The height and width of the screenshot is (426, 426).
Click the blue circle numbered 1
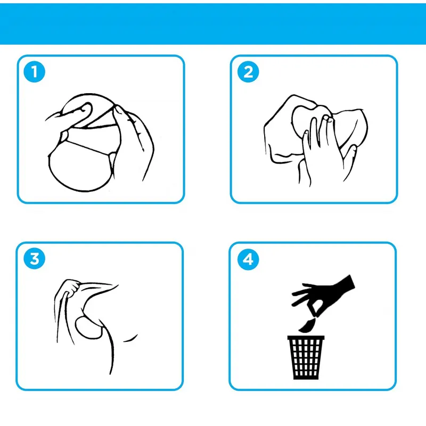(34, 72)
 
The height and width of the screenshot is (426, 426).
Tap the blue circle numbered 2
(248, 72)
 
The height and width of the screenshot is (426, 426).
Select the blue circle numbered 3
(34, 259)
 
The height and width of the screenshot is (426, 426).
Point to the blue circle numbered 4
(248, 259)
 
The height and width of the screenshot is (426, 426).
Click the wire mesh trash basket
(306, 357)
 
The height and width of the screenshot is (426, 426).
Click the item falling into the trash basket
(307, 325)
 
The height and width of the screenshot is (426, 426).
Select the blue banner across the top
(213, 23)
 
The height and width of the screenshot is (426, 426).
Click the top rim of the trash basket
(306, 338)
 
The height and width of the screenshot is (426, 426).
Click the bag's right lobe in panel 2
(350, 128)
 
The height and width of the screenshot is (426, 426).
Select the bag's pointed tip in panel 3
(117, 285)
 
